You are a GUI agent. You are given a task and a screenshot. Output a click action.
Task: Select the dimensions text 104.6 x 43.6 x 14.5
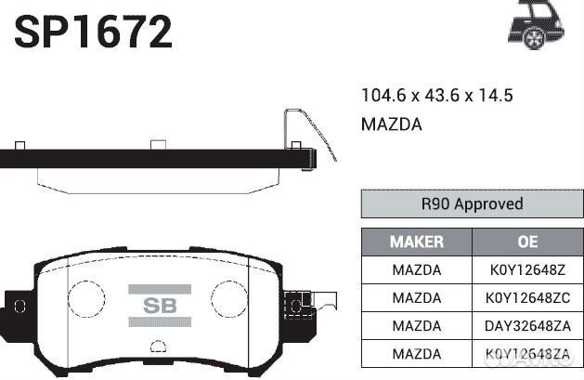click(x=436, y=96)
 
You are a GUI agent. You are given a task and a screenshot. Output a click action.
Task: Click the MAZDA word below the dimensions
click(x=391, y=124)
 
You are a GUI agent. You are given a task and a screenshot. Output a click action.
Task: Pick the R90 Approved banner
click(x=472, y=203)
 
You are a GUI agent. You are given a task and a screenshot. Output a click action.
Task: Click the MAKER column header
click(x=416, y=242)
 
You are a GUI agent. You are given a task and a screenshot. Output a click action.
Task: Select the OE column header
click(x=527, y=242)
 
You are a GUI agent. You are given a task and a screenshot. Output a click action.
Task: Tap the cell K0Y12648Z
click(x=527, y=270)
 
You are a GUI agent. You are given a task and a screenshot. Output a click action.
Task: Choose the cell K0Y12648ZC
click(x=527, y=298)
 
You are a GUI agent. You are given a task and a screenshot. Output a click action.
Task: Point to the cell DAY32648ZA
click(x=527, y=326)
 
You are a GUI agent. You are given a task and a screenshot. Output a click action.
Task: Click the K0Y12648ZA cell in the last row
click(x=527, y=354)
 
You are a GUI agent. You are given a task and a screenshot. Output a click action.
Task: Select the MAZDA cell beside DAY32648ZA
click(x=416, y=326)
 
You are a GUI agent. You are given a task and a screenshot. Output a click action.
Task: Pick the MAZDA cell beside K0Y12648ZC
click(x=416, y=298)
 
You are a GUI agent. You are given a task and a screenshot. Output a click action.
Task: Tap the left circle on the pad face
click(x=91, y=299)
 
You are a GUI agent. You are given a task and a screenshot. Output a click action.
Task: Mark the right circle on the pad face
click(x=227, y=299)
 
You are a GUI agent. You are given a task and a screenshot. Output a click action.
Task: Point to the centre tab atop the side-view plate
click(x=158, y=145)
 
